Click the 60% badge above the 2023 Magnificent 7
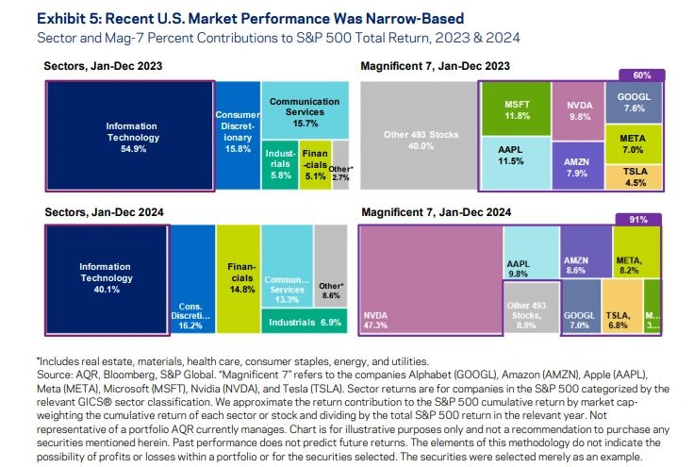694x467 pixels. pos(641,75)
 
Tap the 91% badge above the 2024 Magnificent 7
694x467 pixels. pos(638,220)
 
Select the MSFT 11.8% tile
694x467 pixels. pos(517,108)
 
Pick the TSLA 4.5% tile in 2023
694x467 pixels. pos(634,177)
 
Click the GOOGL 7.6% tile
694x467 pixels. pos(634,102)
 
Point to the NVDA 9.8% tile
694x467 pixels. pos(578,111)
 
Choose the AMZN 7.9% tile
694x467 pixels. pos(578,166)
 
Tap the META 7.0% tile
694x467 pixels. pos(634,144)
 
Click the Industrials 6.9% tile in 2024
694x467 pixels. pos(304,321)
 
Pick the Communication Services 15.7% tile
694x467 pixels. pos(305,110)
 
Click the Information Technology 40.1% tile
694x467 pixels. pos(107,279)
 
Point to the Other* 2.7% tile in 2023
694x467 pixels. pos(340,165)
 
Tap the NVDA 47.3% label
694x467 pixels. pos(375,321)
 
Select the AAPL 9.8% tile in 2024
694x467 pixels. pos(531,253)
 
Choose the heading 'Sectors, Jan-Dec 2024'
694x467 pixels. pos(104,212)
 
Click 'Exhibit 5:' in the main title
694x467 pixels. pos(69,19)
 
